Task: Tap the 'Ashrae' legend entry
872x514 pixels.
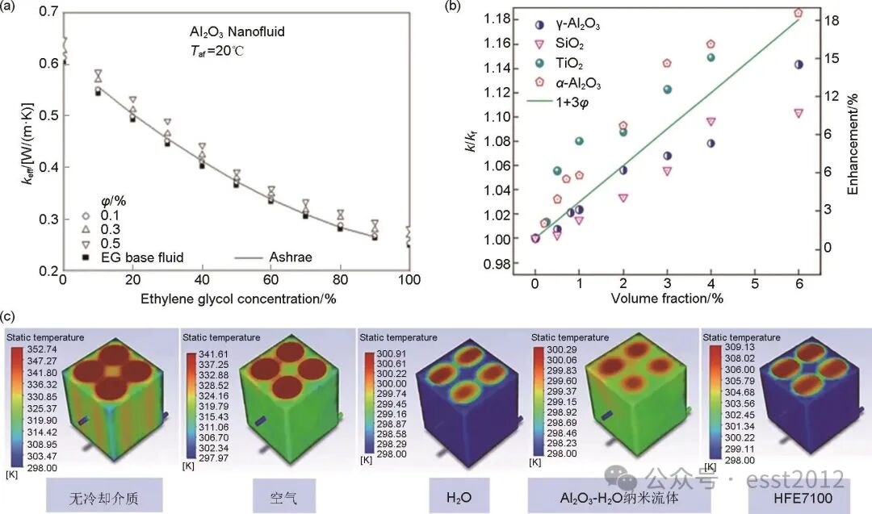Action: point(289,257)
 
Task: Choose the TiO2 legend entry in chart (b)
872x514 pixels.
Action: point(568,63)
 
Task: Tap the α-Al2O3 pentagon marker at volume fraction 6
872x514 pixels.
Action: point(799,13)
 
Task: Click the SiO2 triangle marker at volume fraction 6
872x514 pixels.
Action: point(799,114)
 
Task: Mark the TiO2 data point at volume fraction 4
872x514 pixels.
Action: point(711,57)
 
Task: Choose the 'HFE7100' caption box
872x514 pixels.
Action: point(798,493)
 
